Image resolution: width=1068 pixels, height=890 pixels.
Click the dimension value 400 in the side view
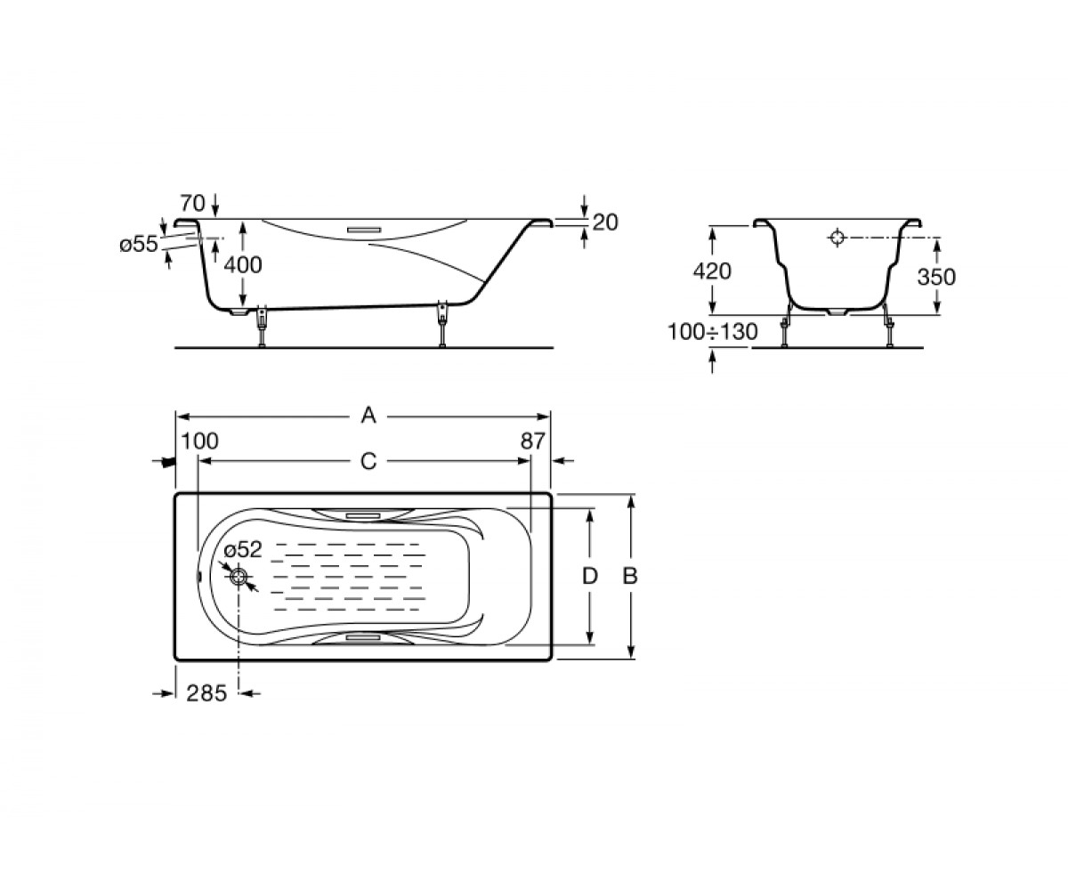(x=243, y=265)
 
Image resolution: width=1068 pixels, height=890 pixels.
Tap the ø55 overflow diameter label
(x=139, y=245)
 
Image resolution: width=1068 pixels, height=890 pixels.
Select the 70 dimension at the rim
(x=192, y=204)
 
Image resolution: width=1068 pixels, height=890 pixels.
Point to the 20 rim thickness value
(x=605, y=222)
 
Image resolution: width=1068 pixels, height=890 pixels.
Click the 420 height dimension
(x=712, y=271)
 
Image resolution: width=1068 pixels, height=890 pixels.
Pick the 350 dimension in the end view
(x=936, y=277)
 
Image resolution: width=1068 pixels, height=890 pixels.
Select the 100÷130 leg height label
(x=713, y=333)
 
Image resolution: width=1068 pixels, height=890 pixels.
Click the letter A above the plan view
(x=368, y=416)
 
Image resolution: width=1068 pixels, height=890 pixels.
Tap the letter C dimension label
(x=368, y=461)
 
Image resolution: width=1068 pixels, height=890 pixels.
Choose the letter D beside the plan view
(x=590, y=577)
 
